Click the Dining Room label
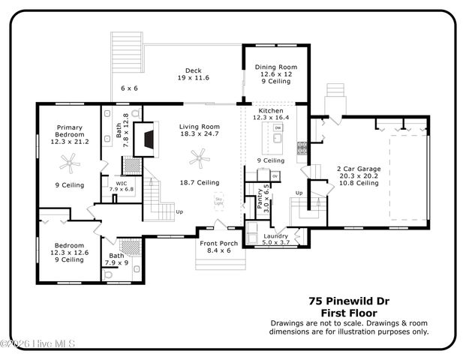click(x=275, y=66)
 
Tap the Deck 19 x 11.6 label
click(x=193, y=73)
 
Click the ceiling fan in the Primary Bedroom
click(x=70, y=160)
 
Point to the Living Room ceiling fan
click(x=199, y=157)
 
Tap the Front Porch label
click(x=218, y=247)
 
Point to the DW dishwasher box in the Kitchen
click(x=277, y=128)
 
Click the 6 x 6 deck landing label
click(x=129, y=88)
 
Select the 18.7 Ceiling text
click(x=199, y=182)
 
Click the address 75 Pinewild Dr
click(x=349, y=300)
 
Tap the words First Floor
click(x=349, y=312)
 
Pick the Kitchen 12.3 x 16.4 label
click(x=271, y=114)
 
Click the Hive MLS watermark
click(x=38, y=343)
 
